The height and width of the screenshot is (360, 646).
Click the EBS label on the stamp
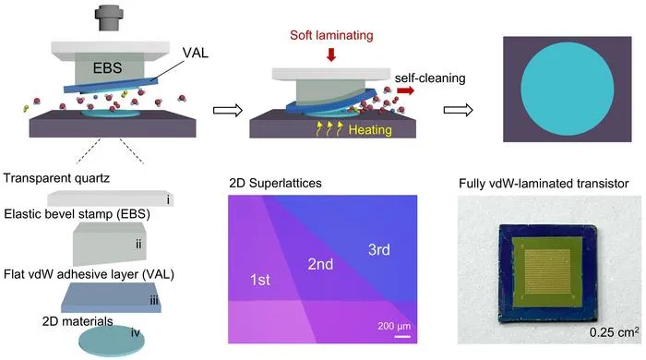click(x=107, y=67)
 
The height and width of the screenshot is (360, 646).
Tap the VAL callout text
click(x=196, y=53)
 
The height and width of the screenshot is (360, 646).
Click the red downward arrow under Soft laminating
click(x=331, y=54)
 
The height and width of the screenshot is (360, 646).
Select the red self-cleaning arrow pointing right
click(x=405, y=90)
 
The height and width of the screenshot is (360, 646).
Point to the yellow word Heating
click(x=370, y=130)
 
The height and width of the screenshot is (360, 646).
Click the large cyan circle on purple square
click(x=568, y=89)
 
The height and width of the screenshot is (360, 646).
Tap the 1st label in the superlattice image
click(x=260, y=280)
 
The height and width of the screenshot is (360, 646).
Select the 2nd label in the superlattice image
click(x=320, y=264)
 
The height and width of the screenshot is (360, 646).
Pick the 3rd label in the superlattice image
click(x=379, y=249)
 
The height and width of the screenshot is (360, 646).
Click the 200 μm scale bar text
click(x=394, y=326)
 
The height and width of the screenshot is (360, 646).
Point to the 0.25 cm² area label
click(x=615, y=332)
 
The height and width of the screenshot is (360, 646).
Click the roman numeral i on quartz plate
click(x=168, y=199)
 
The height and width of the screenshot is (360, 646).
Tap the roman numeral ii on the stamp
click(x=138, y=245)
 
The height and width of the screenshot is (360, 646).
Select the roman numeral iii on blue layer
click(x=154, y=301)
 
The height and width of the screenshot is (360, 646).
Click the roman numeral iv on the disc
click(x=136, y=332)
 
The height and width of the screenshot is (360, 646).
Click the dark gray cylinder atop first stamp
click(x=109, y=18)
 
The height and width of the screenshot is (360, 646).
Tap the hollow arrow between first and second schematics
click(x=228, y=110)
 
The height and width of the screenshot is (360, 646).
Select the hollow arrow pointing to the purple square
click(x=458, y=110)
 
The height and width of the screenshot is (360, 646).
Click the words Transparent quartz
click(x=56, y=178)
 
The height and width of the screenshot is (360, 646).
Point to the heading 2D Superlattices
click(x=275, y=183)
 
